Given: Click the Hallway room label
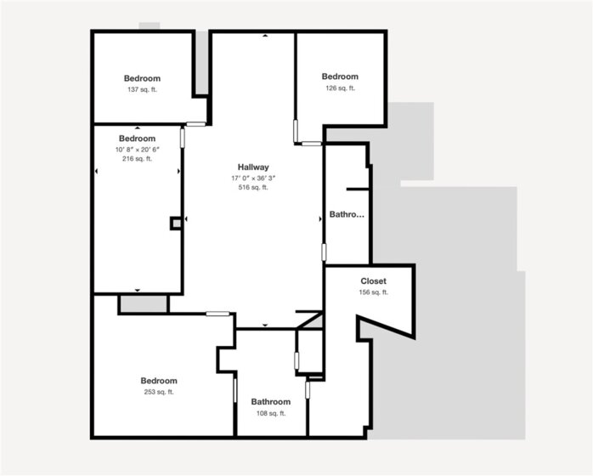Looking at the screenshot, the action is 253,167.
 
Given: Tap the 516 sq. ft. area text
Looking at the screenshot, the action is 253,187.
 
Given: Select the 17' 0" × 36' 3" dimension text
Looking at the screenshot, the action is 253,178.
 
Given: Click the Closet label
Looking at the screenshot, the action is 373,281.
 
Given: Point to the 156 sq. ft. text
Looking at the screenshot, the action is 373,292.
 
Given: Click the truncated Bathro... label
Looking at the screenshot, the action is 347,214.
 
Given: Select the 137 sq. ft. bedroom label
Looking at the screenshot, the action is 142,90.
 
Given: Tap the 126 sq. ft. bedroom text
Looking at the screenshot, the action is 340,88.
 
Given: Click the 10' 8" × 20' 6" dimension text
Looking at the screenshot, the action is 138,150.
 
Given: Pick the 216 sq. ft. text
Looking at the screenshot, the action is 138,159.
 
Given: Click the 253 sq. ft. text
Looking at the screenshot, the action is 159,392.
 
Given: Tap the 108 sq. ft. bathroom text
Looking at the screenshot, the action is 271,413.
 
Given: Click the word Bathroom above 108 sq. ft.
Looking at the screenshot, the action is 271,402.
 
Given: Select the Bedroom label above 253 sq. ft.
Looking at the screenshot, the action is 159,381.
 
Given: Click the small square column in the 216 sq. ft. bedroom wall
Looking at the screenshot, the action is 176,224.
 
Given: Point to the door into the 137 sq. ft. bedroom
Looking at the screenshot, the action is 196,124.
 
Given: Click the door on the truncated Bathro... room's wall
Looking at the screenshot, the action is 324,252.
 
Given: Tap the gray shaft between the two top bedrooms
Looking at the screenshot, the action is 202,62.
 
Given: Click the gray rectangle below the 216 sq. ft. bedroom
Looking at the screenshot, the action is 144,303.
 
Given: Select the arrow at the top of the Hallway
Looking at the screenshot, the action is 265,36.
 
